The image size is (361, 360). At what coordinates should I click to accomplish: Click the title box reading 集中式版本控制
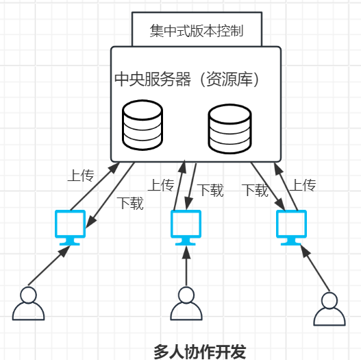[196, 30]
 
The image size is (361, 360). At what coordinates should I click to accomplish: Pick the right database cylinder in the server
[229, 127]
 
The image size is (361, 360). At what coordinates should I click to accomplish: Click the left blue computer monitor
[70, 227]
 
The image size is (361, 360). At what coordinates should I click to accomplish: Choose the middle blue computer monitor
[186, 227]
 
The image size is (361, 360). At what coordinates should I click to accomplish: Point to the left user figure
[28, 304]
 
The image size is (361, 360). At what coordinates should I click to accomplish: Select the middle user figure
[185, 304]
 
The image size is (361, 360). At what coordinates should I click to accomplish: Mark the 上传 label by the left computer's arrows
[79, 176]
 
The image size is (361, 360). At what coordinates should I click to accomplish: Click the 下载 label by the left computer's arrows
[130, 203]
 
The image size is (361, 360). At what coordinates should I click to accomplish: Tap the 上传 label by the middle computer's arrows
[162, 185]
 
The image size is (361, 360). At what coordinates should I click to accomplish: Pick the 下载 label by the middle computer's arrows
[210, 191]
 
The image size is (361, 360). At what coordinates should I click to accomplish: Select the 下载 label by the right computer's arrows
[255, 191]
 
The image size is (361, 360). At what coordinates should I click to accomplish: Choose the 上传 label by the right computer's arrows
[301, 185]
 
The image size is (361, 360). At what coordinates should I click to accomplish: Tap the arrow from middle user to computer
[185, 265]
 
